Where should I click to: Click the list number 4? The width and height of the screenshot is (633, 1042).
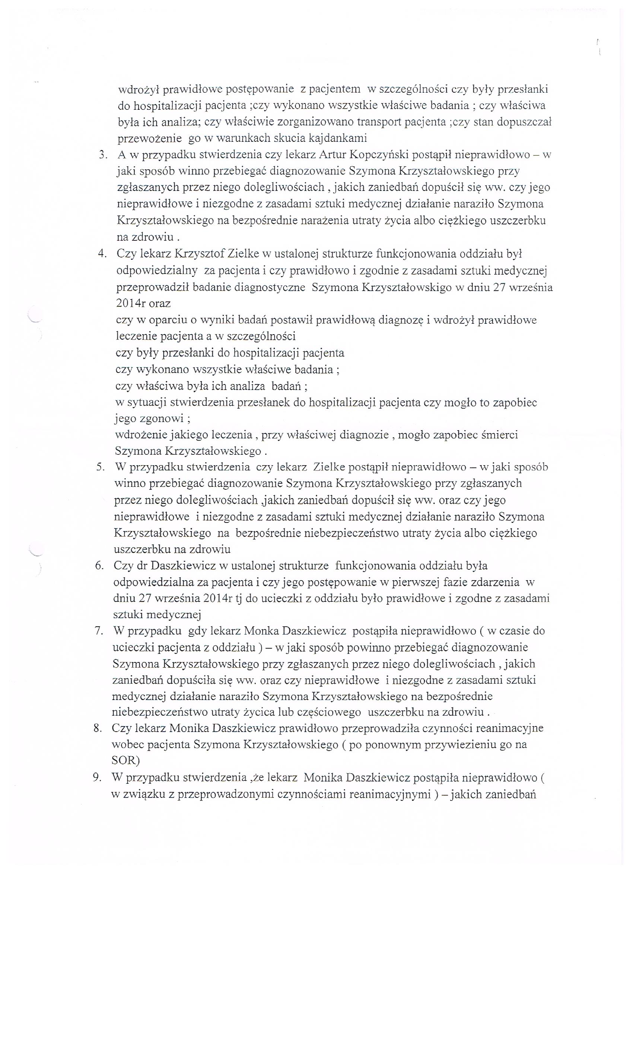pyautogui.click(x=101, y=254)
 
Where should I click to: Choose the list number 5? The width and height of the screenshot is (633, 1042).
pyautogui.click(x=100, y=467)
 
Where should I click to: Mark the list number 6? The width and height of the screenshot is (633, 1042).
pyautogui.click(x=99, y=566)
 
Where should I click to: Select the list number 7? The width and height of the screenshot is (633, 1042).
pyautogui.click(x=99, y=631)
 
